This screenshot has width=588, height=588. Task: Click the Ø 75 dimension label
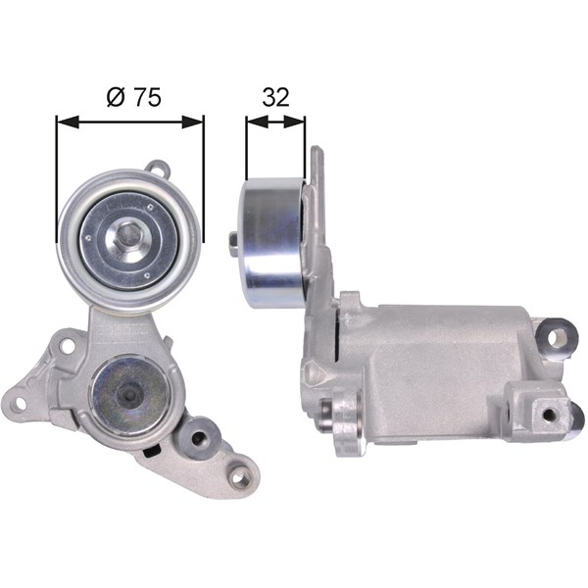tap(134, 97)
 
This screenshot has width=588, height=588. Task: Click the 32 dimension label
tap(275, 97)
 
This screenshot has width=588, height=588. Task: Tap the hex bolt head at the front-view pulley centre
tap(127, 235)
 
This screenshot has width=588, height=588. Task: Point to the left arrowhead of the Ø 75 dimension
tap(68, 122)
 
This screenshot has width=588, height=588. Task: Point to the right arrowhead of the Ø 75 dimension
tap(193, 122)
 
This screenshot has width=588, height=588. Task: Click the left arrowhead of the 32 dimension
tap(257, 122)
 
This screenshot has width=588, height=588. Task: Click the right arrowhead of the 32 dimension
tap(294, 122)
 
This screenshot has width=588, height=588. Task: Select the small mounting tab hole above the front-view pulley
tap(158, 167)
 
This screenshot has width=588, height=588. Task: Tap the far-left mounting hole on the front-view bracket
tap(19, 404)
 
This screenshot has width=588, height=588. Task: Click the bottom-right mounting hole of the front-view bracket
tap(238, 478)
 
